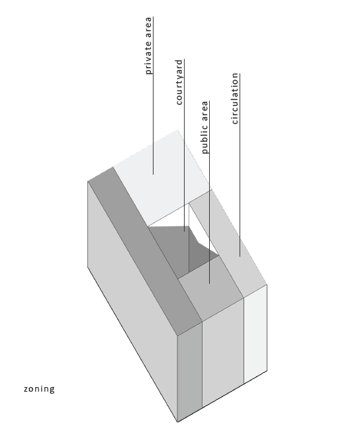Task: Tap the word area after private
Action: (148, 28)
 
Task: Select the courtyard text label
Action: (179, 82)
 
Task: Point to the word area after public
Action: (204, 111)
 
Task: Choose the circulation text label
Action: (235, 99)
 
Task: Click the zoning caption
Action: (39, 389)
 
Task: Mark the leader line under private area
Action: (153, 96)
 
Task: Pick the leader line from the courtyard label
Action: (184, 145)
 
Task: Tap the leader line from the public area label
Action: (210, 192)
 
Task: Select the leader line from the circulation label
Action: (240, 165)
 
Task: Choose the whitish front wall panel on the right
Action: (255, 334)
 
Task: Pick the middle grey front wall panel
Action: (223, 353)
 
